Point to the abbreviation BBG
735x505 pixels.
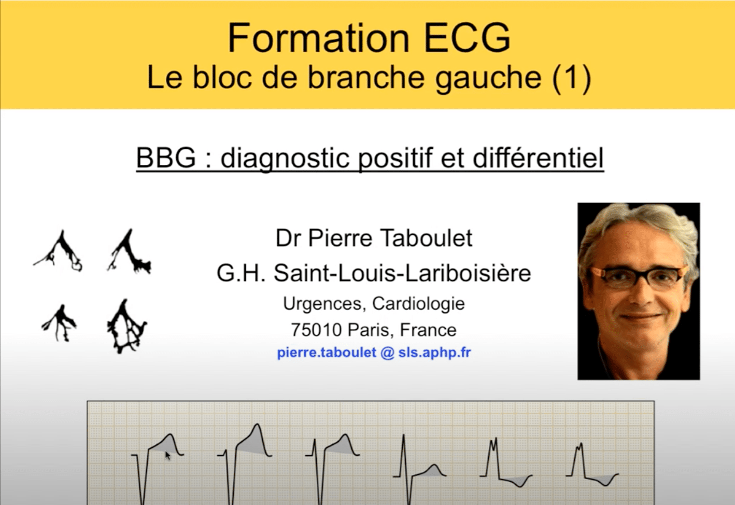(x=166, y=158)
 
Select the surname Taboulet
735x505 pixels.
(x=426, y=239)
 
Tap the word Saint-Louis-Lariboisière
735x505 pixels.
(x=402, y=273)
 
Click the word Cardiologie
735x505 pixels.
(x=418, y=303)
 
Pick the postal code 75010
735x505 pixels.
(x=316, y=330)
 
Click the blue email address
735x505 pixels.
(x=374, y=353)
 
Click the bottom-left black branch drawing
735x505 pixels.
(x=59, y=322)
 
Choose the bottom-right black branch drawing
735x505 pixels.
(x=126, y=327)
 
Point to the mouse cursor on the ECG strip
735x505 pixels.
(x=167, y=456)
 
